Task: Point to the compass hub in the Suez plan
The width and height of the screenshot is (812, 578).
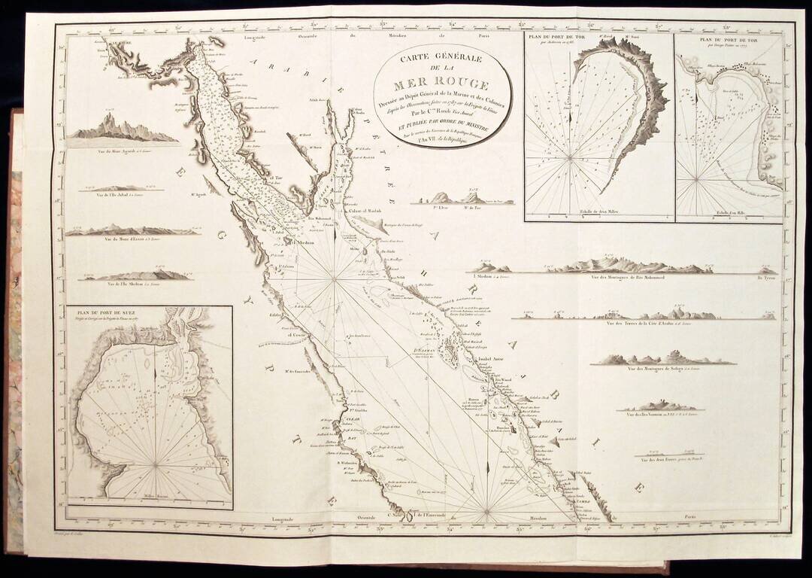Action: point(156,465)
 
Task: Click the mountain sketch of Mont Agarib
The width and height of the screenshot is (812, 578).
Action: point(123,128)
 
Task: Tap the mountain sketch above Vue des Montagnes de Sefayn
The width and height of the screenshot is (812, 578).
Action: point(662,357)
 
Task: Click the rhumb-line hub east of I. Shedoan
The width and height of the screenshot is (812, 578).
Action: point(335,280)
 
